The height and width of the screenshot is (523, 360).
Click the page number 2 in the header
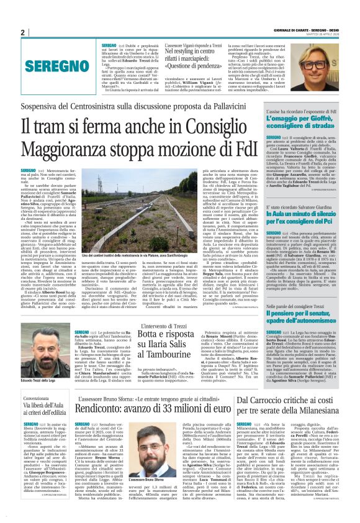(x=22, y=32)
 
